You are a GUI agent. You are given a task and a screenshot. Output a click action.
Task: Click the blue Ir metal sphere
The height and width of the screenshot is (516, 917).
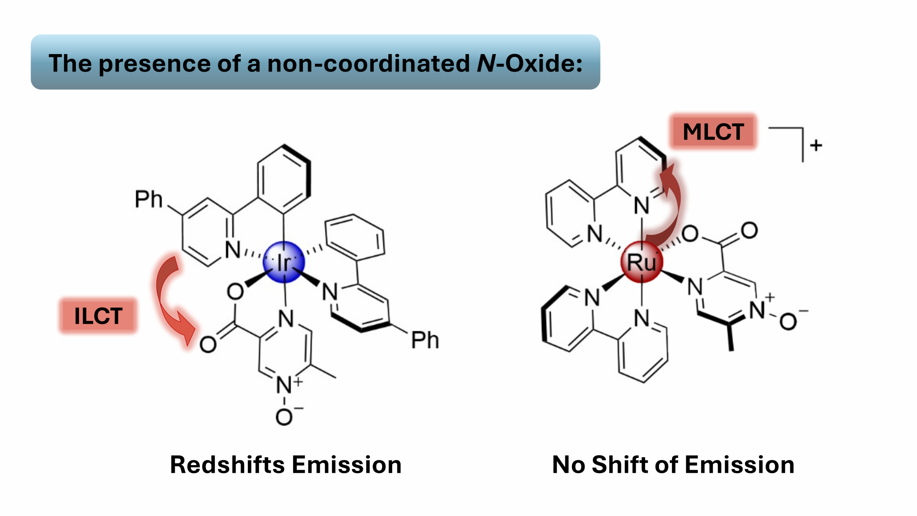coord(283,262)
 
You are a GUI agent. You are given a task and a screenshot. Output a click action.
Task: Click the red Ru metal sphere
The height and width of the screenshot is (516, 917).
coord(642,262)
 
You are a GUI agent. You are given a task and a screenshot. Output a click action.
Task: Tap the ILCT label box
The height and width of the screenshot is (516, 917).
coord(98,316)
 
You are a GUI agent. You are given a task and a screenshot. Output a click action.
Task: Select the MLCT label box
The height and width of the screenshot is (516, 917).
coord(713,132)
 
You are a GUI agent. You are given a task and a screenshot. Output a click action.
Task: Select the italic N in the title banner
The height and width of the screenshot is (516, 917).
coord(485,63)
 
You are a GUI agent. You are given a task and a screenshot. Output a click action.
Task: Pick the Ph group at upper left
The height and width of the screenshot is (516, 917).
coord(148,199)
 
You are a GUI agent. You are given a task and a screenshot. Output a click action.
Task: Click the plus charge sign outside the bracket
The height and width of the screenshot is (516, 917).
coord(816,145)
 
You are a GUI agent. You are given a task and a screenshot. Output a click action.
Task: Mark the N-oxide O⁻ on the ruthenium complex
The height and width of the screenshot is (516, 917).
coord(788,321)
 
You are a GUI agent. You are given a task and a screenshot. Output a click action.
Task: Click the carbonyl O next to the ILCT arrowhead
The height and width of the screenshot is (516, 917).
coord(208,345)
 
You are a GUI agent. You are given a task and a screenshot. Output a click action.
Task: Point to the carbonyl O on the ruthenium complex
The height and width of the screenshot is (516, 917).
coord(749,230)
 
